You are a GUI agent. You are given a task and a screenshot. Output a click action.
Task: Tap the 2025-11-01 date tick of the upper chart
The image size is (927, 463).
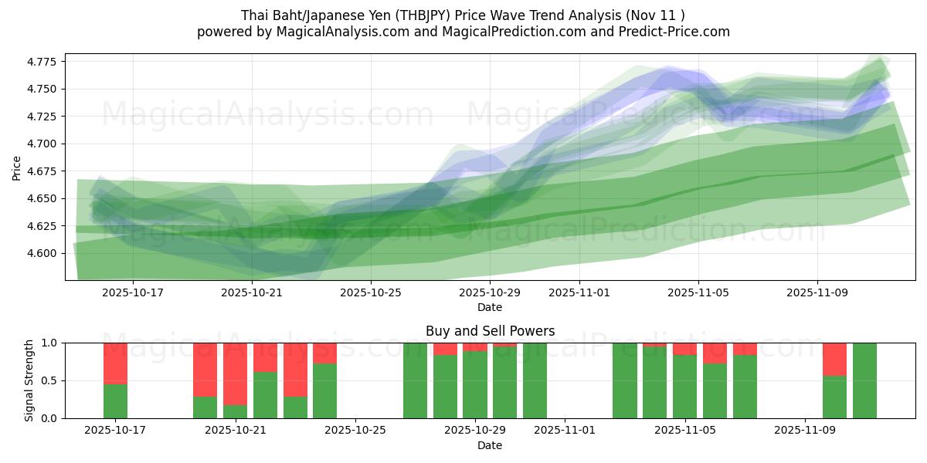580,292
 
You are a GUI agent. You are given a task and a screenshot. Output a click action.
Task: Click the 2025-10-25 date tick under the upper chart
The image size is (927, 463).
371,292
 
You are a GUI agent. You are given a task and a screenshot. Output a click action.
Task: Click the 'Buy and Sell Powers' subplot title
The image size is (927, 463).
490,331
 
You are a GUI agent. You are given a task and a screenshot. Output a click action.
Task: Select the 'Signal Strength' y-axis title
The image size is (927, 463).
29,380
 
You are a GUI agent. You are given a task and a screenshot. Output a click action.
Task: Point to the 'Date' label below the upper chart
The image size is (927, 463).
490,307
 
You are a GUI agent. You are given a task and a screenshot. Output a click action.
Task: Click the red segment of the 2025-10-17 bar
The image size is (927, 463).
115,363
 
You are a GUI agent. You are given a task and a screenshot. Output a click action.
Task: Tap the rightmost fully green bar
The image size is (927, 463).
864,380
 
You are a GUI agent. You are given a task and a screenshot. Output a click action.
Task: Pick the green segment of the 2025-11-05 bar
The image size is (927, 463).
684,387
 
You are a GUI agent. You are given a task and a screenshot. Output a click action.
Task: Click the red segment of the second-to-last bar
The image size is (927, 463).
834,359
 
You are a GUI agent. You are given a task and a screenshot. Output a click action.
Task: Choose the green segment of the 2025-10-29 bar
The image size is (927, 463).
475,385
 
